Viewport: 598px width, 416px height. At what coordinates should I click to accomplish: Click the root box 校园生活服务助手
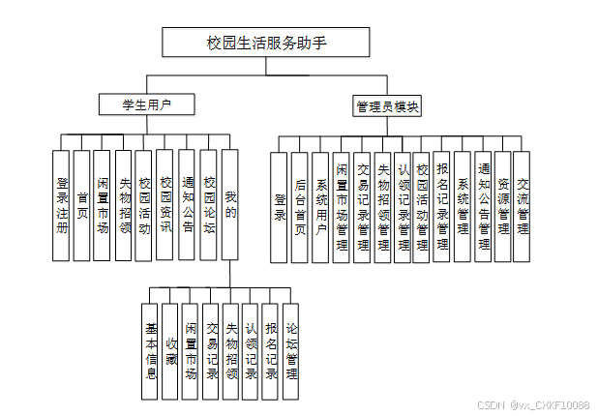265,42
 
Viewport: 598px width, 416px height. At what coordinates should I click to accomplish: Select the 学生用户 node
146,104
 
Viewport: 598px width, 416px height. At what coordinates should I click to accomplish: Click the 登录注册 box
62,205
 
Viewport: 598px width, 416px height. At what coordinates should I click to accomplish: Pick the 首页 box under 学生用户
82,205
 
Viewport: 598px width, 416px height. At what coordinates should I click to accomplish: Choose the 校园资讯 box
165,205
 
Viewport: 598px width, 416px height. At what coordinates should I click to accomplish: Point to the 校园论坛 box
208,205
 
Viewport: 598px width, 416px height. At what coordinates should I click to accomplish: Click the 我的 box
229,205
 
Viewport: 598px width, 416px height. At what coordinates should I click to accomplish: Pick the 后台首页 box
300,207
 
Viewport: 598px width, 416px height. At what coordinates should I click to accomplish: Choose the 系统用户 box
321,207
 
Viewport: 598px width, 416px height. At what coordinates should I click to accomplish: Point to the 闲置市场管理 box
342,207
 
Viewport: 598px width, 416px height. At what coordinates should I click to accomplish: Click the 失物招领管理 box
382,207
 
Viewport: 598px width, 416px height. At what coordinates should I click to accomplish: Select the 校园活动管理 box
422,207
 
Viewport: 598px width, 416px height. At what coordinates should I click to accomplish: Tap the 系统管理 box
463,207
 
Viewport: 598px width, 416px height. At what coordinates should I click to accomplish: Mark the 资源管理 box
502,207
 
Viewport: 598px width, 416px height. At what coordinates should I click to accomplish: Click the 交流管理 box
523,207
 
